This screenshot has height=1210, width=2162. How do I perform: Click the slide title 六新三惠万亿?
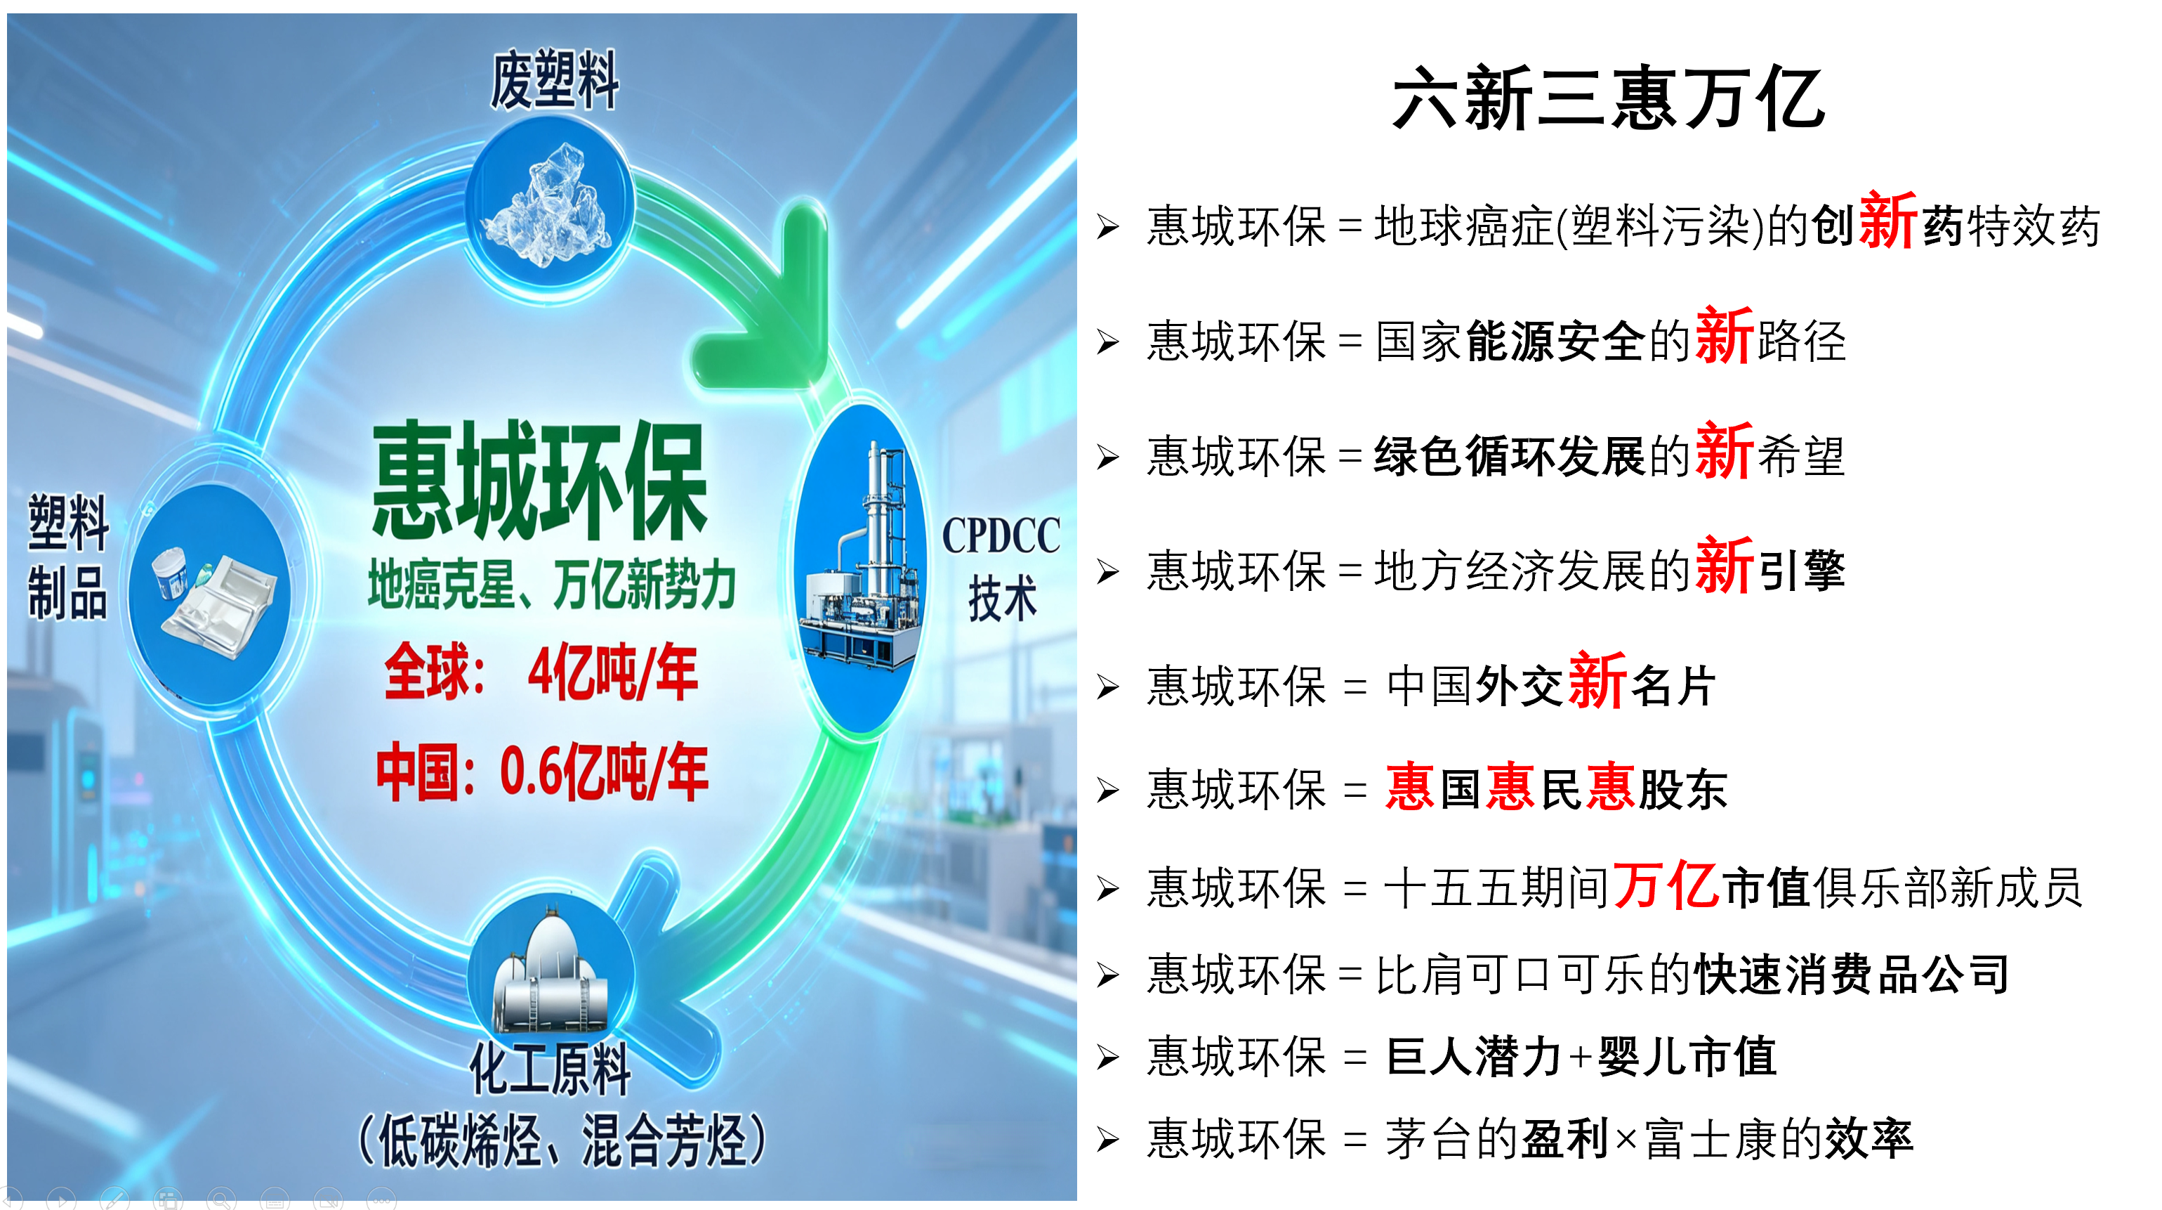coord(1608,99)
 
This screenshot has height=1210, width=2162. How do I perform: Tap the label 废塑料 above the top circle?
coord(555,80)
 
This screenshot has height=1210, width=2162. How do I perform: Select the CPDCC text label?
coord(1001,535)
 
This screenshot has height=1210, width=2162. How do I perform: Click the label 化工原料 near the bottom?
coord(551,1069)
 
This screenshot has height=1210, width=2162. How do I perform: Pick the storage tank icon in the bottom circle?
coord(550,974)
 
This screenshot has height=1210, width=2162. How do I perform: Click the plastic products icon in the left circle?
coord(213,598)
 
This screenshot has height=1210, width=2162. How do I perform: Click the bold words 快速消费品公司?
coord(1852,975)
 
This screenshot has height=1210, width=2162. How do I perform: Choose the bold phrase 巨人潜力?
coord(1474,1056)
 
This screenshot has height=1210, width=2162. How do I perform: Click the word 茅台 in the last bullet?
coord(1430,1140)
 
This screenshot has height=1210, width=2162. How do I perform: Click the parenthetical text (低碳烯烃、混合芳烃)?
coord(562,1140)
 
